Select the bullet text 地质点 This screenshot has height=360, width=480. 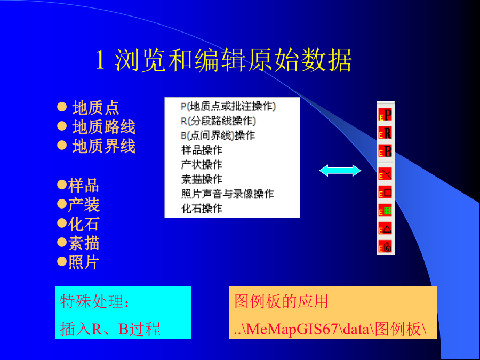point(95,107)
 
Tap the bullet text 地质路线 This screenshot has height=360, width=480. point(104,127)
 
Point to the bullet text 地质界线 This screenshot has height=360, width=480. point(104,146)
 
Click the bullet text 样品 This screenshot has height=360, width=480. point(84,185)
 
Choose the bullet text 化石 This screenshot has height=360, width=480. point(84,224)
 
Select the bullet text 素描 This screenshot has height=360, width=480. point(84,243)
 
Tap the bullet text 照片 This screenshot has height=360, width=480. point(84,262)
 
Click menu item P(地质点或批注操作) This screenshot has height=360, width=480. point(228,106)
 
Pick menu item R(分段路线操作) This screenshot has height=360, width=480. point(218,121)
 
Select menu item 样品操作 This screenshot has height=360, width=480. point(202,150)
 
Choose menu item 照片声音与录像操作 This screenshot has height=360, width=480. point(227,194)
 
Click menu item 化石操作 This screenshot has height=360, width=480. point(202,209)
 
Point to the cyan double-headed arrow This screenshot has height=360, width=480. point(340,171)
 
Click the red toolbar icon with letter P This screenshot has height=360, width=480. point(386,115)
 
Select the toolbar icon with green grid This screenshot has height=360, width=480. point(386,211)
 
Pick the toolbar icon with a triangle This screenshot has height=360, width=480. point(386,229)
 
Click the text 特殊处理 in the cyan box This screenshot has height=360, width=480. point(92,301)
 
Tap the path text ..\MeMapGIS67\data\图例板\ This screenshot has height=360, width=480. point(330,329)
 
